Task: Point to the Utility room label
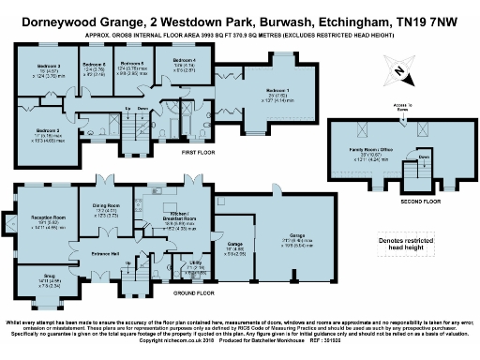point(196,264)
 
